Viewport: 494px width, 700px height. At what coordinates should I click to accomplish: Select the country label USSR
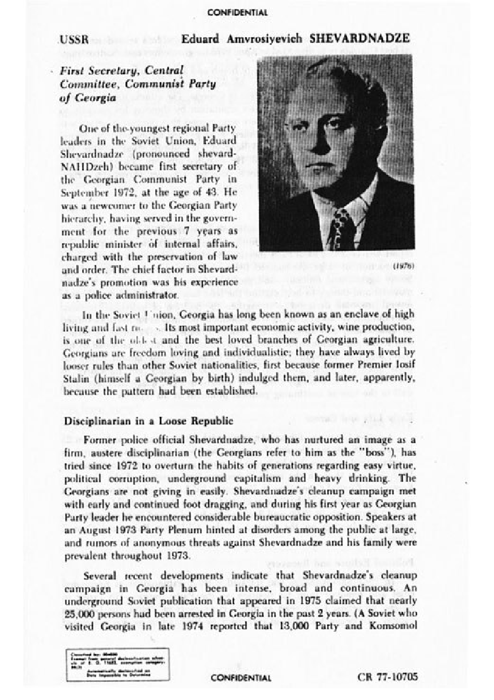74,40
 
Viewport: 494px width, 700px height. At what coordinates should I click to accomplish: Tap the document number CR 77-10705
388,677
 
